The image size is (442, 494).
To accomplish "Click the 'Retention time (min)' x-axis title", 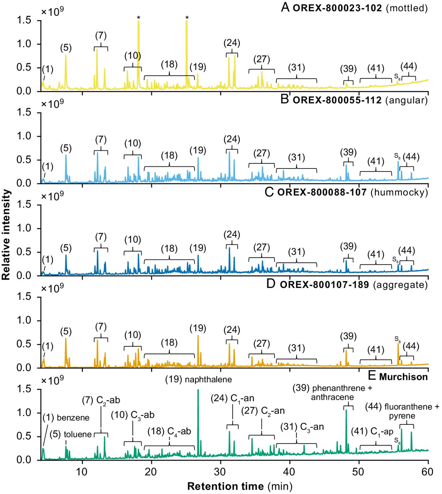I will [x=239, y=486].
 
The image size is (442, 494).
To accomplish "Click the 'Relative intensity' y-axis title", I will [x=6, y=234].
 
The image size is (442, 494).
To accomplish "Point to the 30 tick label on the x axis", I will [x=220, y=472].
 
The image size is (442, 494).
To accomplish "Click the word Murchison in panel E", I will [x=403, y=377].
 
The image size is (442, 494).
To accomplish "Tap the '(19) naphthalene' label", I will [x=198, y=379].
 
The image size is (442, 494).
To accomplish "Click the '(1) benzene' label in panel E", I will [x=66, y=418].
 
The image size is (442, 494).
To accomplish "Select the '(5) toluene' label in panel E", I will [x=71, y=434].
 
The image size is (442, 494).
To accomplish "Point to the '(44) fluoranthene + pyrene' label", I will [x=402, y=411].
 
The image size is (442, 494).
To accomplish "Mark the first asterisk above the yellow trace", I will [x=138, y=18].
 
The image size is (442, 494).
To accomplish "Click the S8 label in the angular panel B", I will [x=397, y=156].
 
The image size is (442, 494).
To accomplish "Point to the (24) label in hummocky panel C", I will [x=232, y=235].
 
